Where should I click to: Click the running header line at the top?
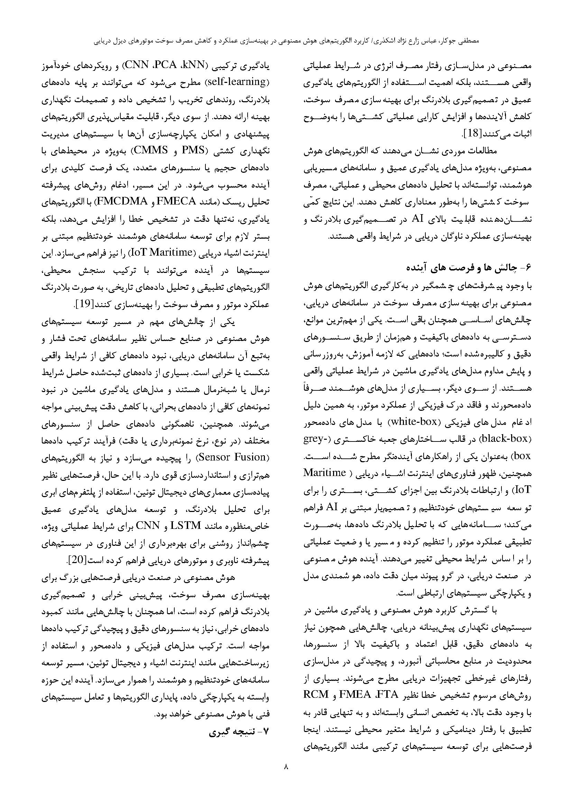(x=286, y=41)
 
